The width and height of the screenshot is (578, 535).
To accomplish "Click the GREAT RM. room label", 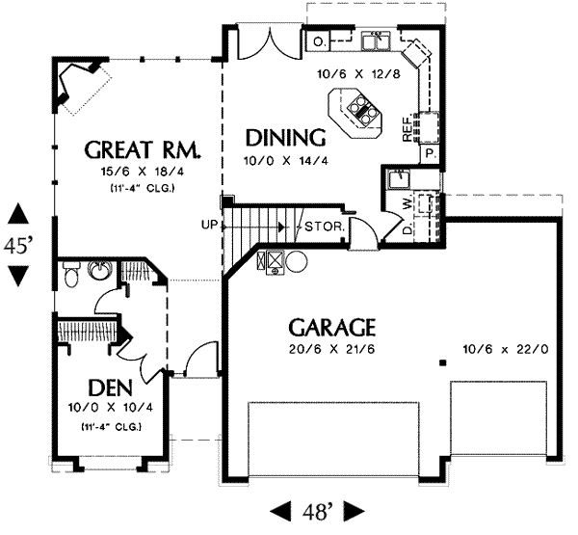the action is tap(143, 149).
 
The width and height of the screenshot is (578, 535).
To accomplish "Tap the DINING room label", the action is tap(286, 138).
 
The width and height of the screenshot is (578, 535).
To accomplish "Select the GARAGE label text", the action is tap(332, 328).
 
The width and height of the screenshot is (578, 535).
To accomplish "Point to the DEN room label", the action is tap(110, 388).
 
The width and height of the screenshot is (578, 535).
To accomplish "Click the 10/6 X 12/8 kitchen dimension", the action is tap(358, 74).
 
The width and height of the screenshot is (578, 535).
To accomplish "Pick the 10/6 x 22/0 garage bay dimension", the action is tap(506, 349).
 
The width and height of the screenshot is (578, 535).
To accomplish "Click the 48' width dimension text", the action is tap(317, 512).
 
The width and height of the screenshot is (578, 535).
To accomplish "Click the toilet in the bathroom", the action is tap(70, 274).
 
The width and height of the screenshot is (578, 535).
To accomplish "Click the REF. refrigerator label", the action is tap(407, 128).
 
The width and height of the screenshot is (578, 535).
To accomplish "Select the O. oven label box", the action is tap(318, 40).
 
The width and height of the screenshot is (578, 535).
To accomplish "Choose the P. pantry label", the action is tap(430, 153).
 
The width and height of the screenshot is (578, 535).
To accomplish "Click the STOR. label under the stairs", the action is tap(325, 227).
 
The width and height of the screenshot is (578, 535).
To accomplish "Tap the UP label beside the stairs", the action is tap(209, 224).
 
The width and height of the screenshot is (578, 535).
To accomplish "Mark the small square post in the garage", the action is tap(443, 363).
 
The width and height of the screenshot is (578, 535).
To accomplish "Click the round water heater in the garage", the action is tap(297, 261).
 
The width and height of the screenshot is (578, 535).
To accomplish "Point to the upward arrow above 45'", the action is tap(18, 215).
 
